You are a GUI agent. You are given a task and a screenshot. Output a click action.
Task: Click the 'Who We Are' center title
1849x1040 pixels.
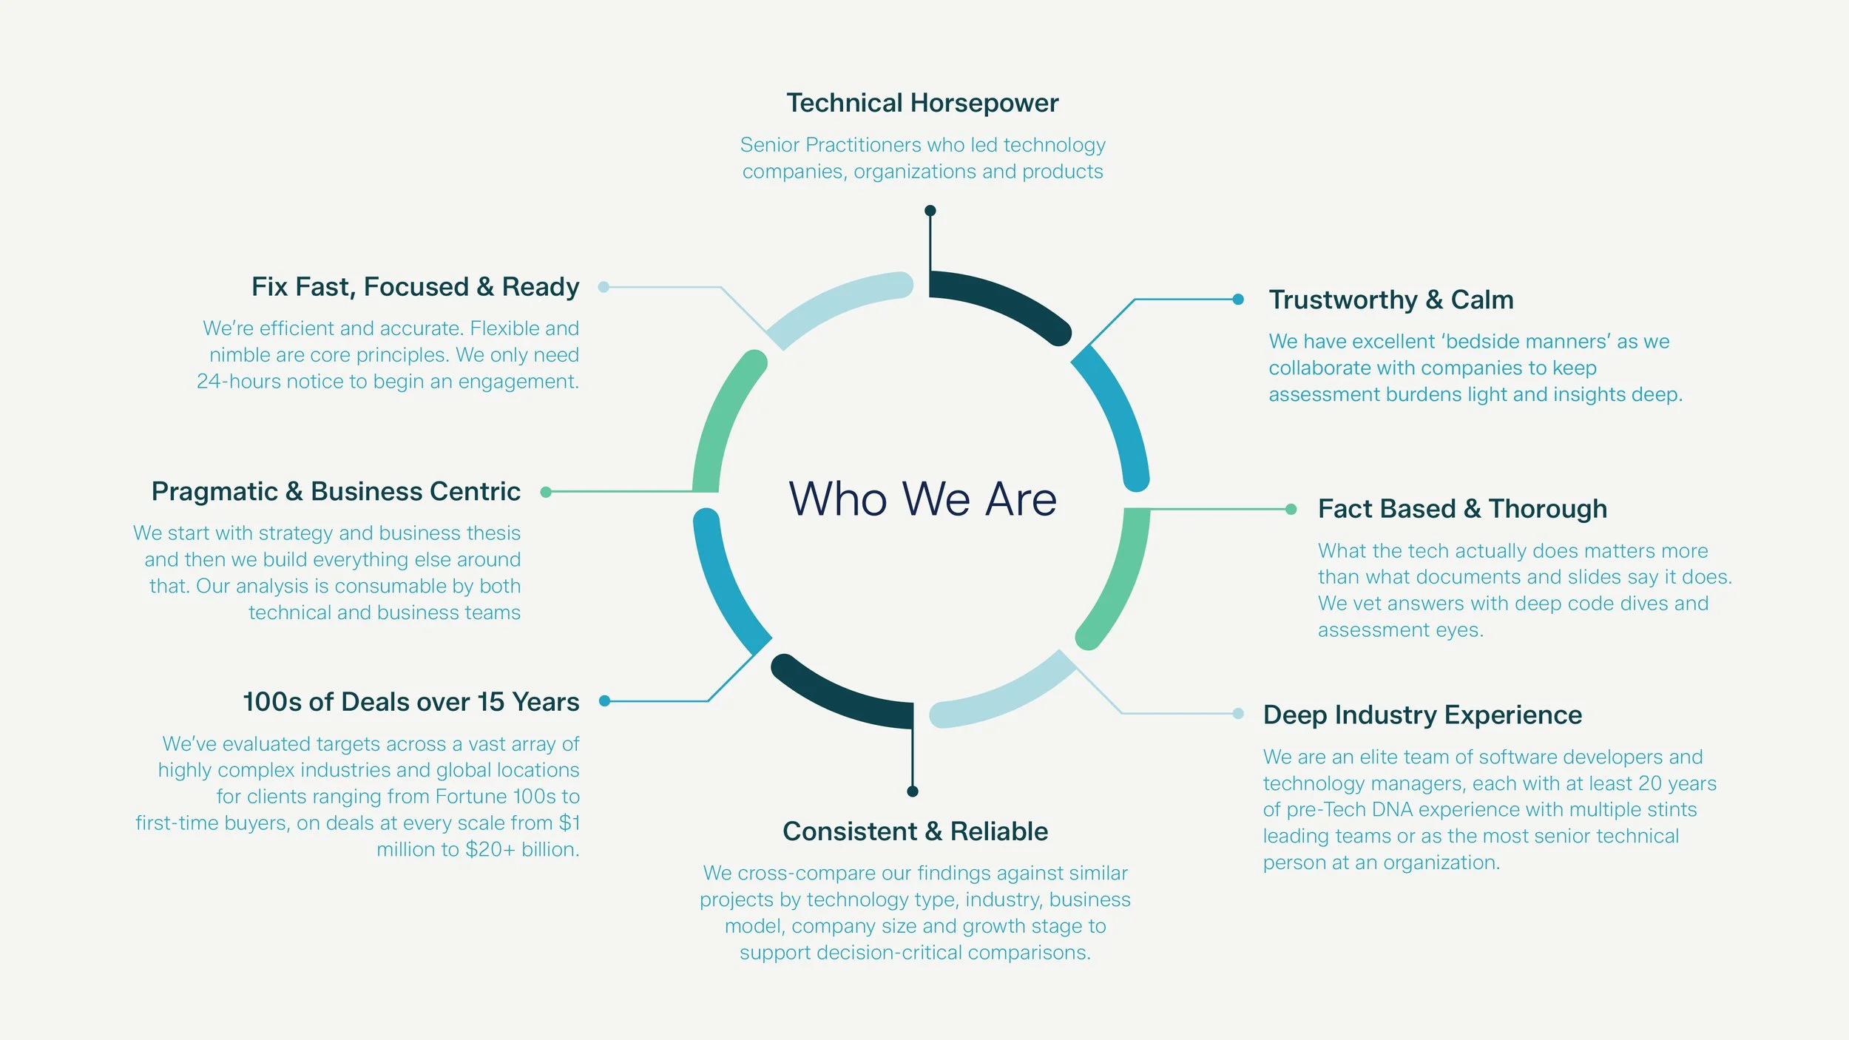[x=922, y=499]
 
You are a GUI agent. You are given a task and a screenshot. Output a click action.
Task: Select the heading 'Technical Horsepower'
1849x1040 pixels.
[x=922, y=103]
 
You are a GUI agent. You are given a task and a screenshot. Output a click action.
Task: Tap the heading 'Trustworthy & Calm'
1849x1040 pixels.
[x=1391, y=300]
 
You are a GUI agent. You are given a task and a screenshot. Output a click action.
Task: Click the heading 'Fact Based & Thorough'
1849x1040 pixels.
[x=1462, y=509]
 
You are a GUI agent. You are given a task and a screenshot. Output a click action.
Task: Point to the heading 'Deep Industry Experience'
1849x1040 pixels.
[x=1422, y=715]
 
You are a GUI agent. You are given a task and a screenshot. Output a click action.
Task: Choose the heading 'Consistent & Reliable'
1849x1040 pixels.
[x=915, y=831]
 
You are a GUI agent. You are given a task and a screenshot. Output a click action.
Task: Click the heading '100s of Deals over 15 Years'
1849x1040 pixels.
[x=411, y=701]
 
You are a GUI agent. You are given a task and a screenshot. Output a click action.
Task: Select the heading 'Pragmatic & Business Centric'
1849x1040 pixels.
[x=336, y=491]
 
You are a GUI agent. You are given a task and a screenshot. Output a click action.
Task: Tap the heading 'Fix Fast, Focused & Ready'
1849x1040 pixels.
[x=415, y=286]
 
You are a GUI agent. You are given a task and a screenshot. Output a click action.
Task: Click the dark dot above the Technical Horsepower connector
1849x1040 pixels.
[x=930, y=211]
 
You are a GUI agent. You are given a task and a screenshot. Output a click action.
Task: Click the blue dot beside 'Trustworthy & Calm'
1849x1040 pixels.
[x=1238, y=300]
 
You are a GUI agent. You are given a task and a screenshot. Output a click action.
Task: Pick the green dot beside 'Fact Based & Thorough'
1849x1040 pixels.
[x=1291, y=509]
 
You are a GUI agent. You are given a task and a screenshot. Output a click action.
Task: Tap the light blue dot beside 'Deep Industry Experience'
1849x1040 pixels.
[x=1238, y=714]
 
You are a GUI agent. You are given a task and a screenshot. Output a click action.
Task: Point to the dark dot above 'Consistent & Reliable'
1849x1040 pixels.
[x=913, y=791]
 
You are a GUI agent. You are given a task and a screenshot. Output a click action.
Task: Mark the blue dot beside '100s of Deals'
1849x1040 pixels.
[x=604, y=701]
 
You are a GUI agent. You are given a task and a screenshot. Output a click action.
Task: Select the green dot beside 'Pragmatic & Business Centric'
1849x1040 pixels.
[x=546, y=492]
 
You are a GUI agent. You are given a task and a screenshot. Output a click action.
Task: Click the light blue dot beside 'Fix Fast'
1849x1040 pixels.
[x=604, y=287]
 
